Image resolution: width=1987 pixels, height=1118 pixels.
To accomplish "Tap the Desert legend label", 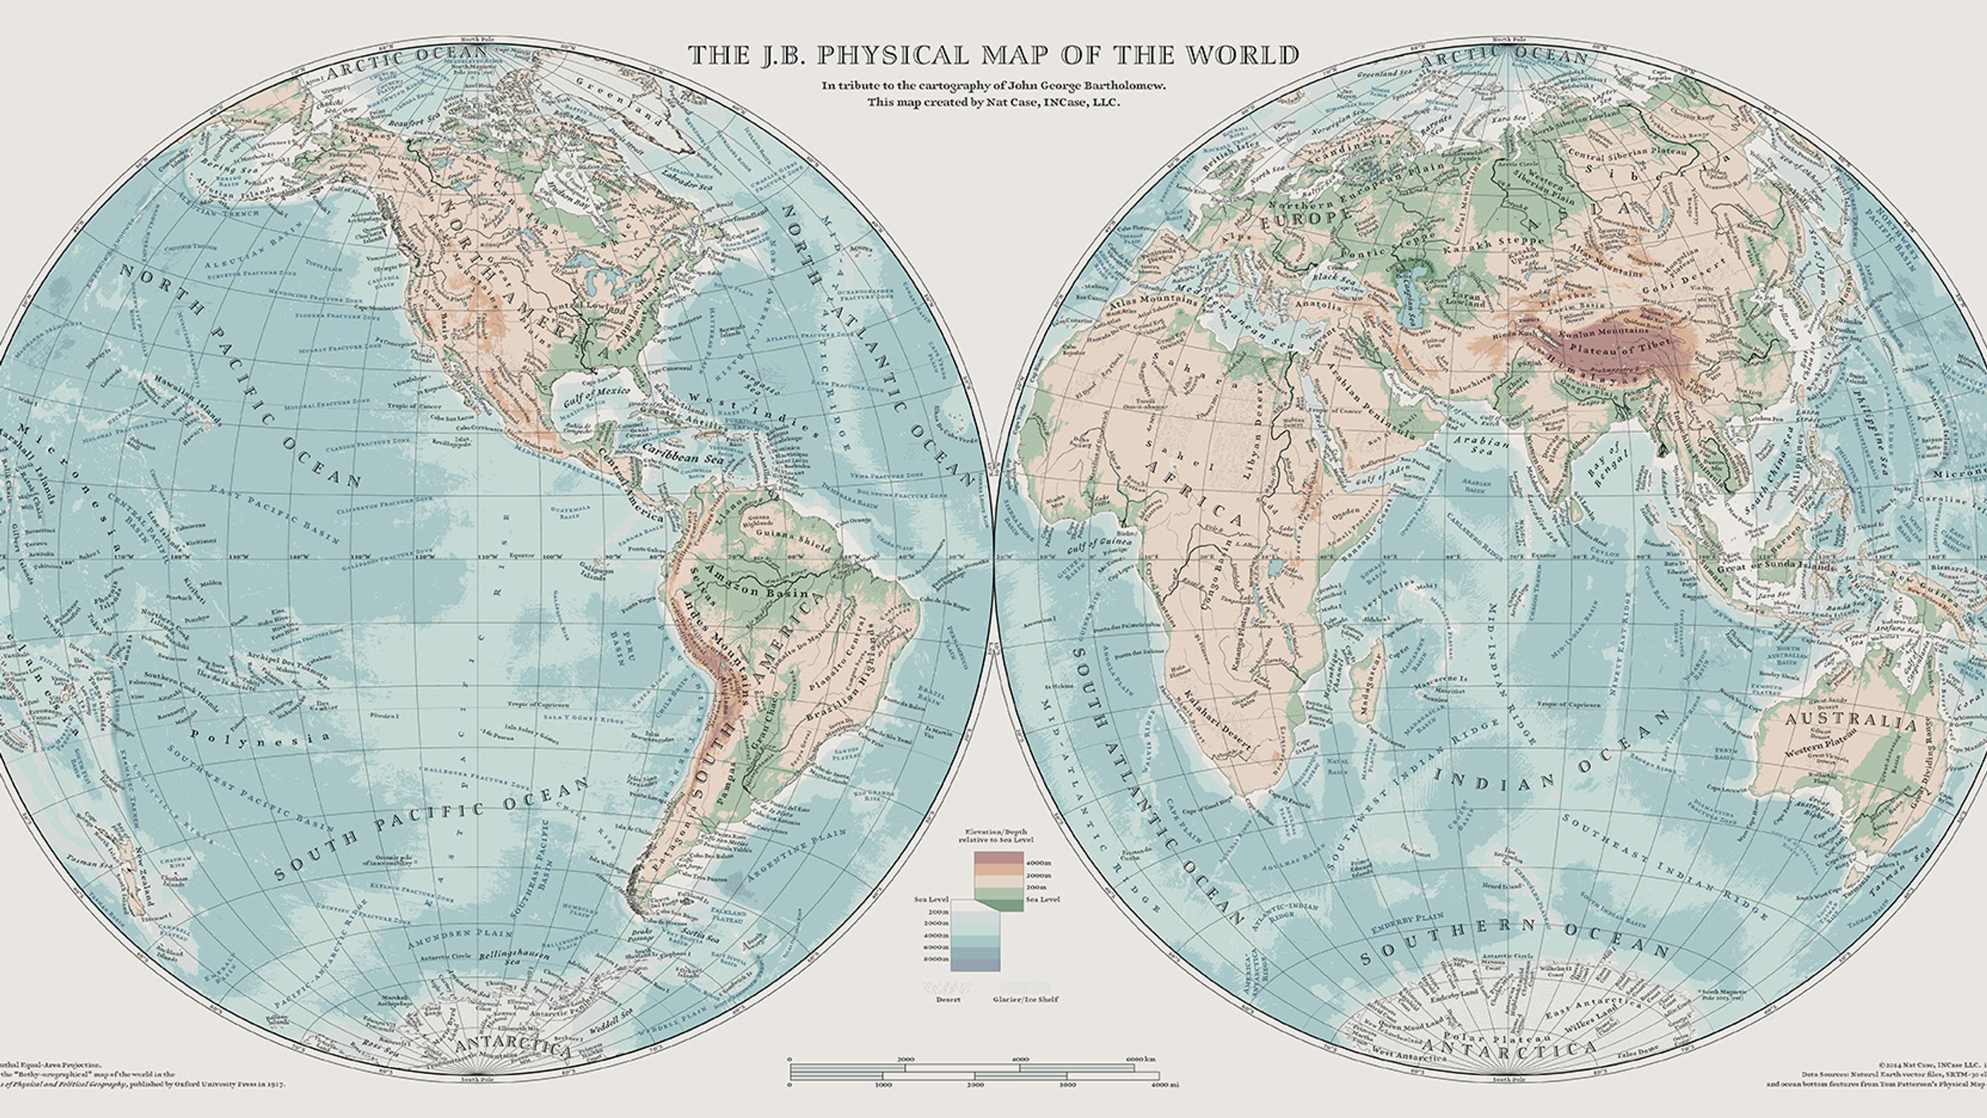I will (948, 999).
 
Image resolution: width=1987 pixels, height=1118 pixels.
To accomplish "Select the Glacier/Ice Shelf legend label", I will (1025, 999).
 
